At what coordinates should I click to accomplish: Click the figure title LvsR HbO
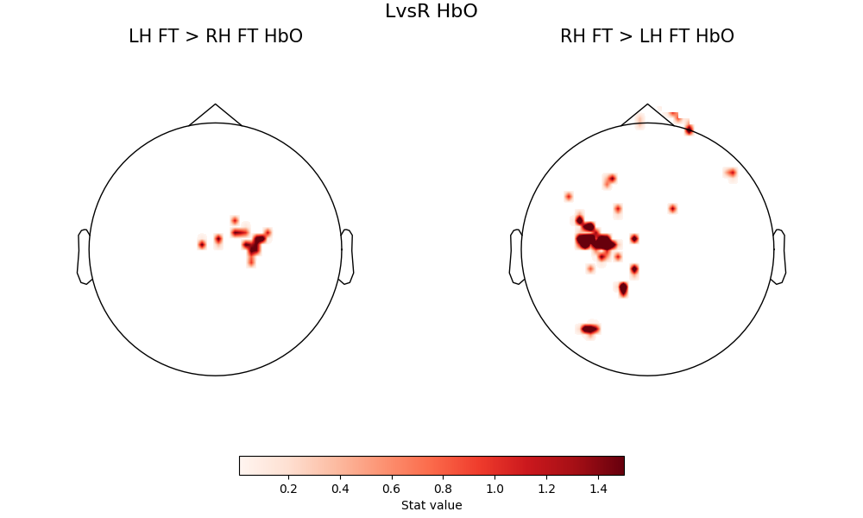431,11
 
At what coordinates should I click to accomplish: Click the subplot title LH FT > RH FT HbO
215,36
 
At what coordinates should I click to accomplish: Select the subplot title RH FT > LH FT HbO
646,36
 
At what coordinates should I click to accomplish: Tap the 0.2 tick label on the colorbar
288,489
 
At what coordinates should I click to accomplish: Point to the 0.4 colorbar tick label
340,489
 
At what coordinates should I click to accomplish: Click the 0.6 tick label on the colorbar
392,489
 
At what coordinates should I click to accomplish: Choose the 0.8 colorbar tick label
444,489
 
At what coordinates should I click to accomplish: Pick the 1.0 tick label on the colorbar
494,489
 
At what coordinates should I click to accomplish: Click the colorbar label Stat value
431,505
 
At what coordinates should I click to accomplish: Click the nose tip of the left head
215,105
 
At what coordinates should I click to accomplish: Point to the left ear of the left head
84,256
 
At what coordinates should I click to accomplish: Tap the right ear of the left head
347,256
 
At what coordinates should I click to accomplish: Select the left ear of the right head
516,256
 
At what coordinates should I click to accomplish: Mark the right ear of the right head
779,256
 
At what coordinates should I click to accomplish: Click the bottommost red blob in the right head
589,329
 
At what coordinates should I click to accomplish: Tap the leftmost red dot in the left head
202,244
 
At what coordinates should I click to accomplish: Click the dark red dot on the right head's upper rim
689,129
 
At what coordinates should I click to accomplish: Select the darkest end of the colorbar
620,465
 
